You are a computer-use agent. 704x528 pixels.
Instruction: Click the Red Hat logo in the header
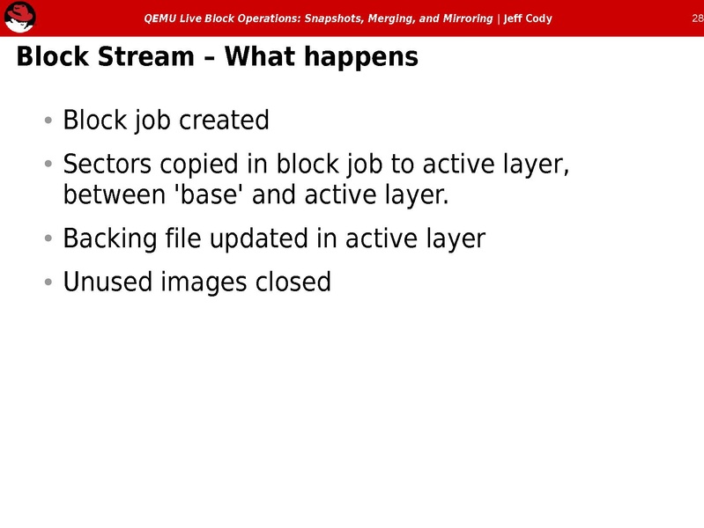click(x=19, y=17)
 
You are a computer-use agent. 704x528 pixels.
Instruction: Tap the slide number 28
click(x=695, y=18)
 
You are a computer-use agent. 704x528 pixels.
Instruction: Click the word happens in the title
click(x=363, y=57)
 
